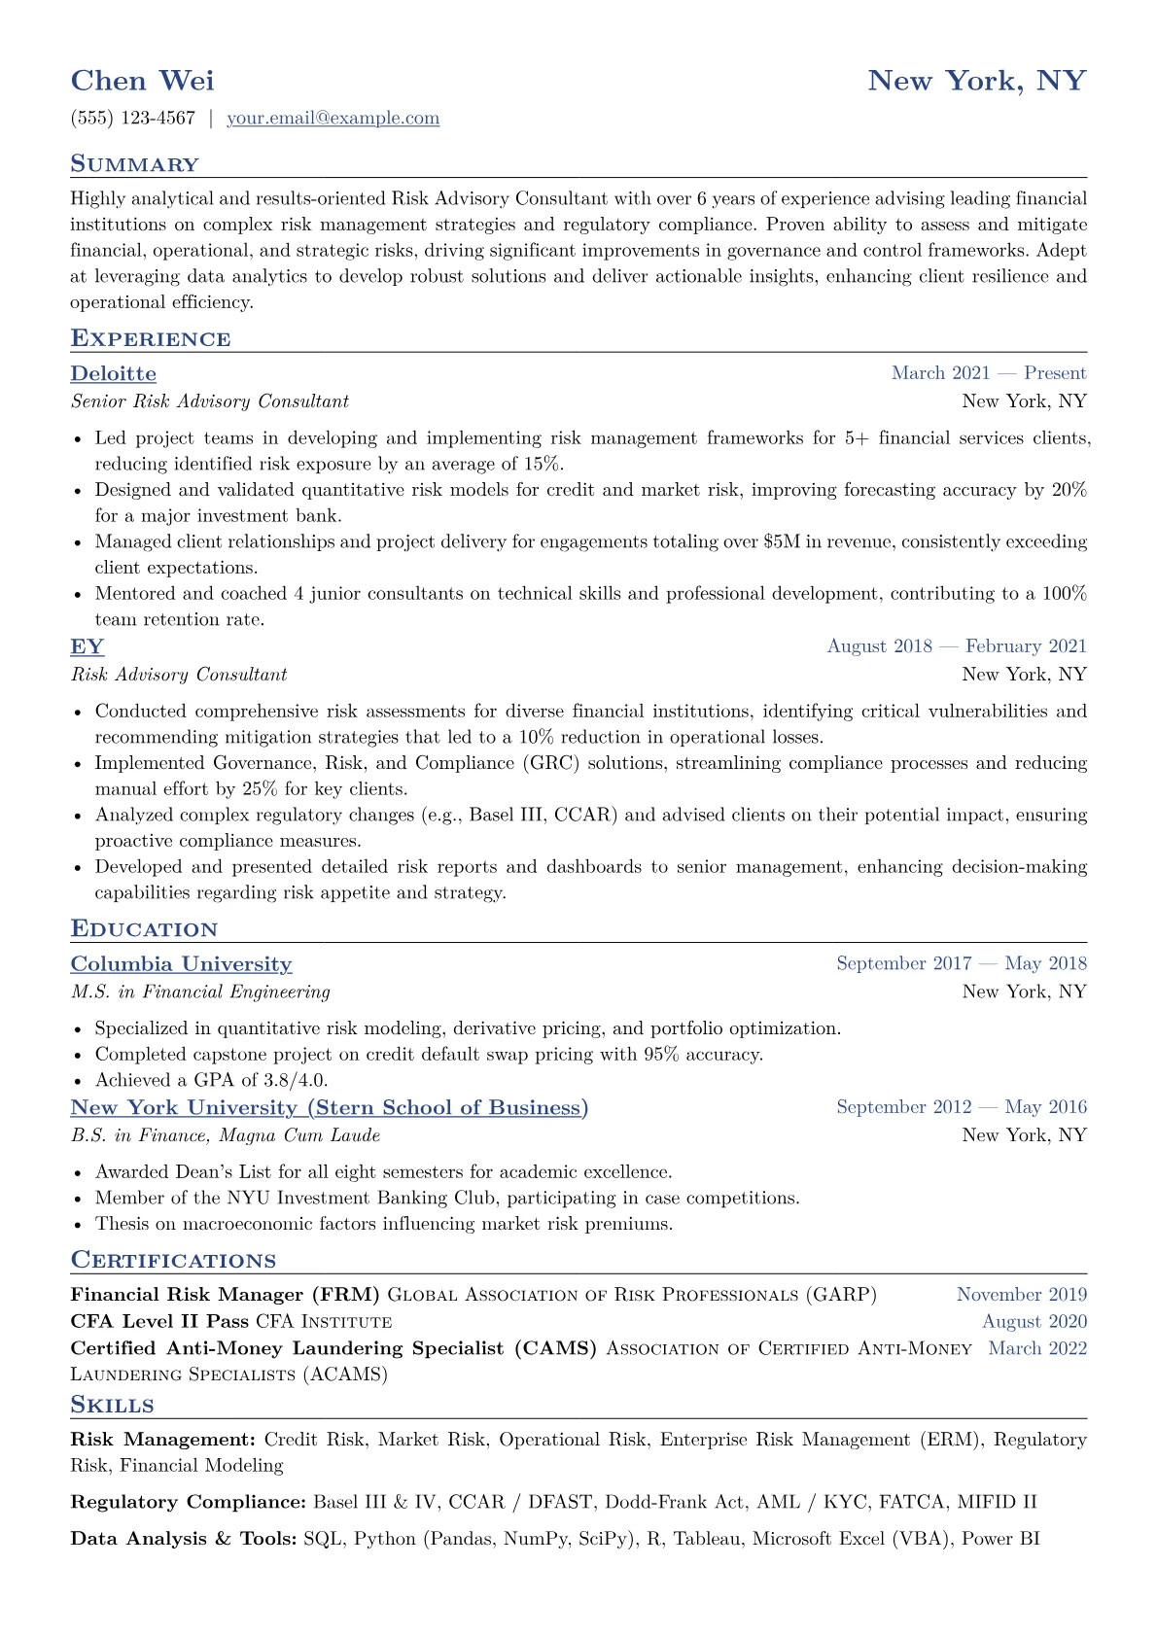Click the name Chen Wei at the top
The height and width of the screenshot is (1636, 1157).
[x=142, y=80]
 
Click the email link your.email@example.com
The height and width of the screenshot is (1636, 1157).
[x=333, y=119]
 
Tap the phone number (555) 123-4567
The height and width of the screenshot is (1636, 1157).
[x=133, y=119]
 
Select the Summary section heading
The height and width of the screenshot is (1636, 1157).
[x=134, y=164]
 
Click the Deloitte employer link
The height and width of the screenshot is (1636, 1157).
[x=113, y=373]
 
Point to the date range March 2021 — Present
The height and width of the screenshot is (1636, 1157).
[x=988, y=373]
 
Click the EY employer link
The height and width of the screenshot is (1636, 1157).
[x=87, y=646]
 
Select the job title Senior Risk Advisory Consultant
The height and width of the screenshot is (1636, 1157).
[x=209, y=401]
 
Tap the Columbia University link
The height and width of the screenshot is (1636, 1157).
[x=181, y=964]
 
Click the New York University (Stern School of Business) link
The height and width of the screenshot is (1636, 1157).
[x=329, y=1108]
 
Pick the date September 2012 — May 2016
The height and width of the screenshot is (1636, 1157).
[x=961, y=1107]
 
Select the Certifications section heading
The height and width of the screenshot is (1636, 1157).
[x=173, y=1261]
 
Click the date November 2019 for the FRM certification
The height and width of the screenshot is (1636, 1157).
[x=1021, y=1295]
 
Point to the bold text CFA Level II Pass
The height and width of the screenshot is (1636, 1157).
[x=159, y=1322]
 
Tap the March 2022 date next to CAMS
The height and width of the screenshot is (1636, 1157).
[x=1036, y=1348]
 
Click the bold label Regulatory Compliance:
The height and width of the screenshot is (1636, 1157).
[x=188, y=1502]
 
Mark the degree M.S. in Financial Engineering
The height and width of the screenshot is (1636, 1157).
[x=200, y=992]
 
